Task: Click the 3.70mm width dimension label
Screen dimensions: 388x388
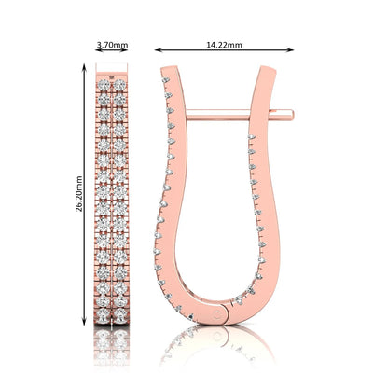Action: tap(112, 45)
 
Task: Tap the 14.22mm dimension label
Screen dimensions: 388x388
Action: tap(224, 45)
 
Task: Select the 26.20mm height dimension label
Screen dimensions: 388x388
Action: tap(79, 194)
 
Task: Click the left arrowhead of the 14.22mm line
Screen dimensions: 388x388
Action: tap(159, 49)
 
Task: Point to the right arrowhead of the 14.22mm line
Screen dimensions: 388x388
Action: tap(290, 49)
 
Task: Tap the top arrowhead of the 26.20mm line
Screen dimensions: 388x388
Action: tap(84, 67)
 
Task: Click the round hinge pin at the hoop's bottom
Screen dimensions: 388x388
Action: tap(218, 314)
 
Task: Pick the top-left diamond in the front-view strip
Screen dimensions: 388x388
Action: tap(104, 85)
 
